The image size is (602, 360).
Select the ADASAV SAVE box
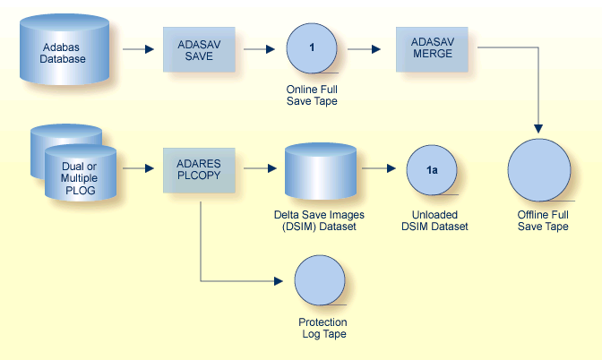[x=198, y=49]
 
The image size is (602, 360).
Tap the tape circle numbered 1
[x=311, y=48]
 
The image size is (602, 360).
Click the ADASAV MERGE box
[x=432, y=49]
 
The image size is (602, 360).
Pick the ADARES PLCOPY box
[x=198, y=170]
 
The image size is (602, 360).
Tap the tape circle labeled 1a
[x=432, y=170]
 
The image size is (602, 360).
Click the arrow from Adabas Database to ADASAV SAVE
[x=135, y=49]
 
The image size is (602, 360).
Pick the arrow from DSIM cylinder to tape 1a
[x=379, y=167]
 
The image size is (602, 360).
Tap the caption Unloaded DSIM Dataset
[x=434, y=221]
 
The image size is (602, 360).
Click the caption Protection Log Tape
[x=322, y=328]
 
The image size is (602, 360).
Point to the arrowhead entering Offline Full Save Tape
[x=538, y=132]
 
